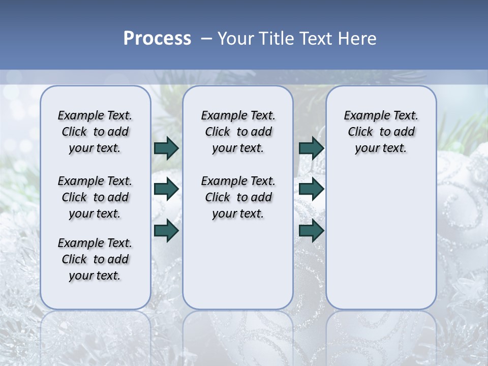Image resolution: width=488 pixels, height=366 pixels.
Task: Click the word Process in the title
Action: (x=157, y=39)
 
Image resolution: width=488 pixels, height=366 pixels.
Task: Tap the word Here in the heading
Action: (x=358, y=39)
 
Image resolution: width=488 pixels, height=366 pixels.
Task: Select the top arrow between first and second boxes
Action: (x=166, y=148)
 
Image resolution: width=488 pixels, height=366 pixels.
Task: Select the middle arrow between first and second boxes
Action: (x=166, y=190)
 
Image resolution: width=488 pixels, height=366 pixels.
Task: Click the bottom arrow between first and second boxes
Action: (x=166, y=230)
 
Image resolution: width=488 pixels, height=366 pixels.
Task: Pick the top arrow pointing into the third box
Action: (x=311, y=148)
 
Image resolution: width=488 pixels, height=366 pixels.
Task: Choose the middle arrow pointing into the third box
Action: (x=311, y=190)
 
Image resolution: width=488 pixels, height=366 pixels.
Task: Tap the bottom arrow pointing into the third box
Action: (x=311, y=230)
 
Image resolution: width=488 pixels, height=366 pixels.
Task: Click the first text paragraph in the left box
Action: (x=95, y=132)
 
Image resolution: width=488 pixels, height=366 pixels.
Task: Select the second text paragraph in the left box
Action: (x=95, y=197)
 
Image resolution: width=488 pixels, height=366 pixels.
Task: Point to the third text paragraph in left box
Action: (x=95, y=259)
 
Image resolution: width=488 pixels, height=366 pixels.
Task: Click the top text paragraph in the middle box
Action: (x=238, y=132)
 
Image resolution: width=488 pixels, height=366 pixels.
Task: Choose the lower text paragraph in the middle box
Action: (x=238, y=197)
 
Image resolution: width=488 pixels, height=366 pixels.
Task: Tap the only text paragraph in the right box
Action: (x=381, y=132)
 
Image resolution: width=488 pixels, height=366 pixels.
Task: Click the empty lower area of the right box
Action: (x=381, y=239)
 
